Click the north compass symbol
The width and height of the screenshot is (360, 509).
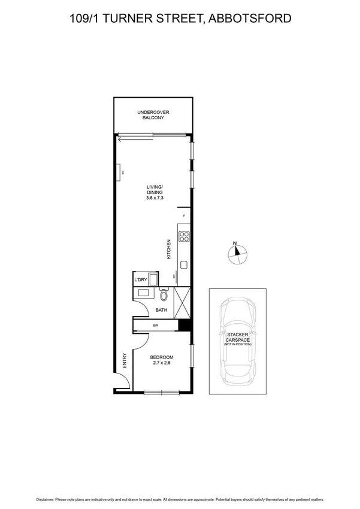pyautogui.click(x=237, y=254)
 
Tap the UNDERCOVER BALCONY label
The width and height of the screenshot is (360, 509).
pyautogui.click(x=153, y=115)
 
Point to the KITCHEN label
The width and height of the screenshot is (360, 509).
pyautogui.click(x=170, y=248)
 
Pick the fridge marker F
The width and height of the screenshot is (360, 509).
pyautogui.click(x=184, y=215)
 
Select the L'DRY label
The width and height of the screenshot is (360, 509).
pyautogui.click(x=141, y=279)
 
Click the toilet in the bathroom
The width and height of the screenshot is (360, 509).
pyautogui.click(x=164, y=294)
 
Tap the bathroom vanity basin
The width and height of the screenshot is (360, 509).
pyautogui.click(x=144, y=293)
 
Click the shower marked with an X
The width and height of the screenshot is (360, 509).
pyautogui.click(x=182, y=302)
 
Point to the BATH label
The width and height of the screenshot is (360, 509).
pyautogui.click(x=161, y=310)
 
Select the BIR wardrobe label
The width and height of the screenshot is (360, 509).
pyautogui.click(x=155, y=326)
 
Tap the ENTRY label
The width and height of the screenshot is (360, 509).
pyautogui.click(x=124, y=360)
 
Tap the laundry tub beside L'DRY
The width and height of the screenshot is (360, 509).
pyautogui.click(x=153, y=280)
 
